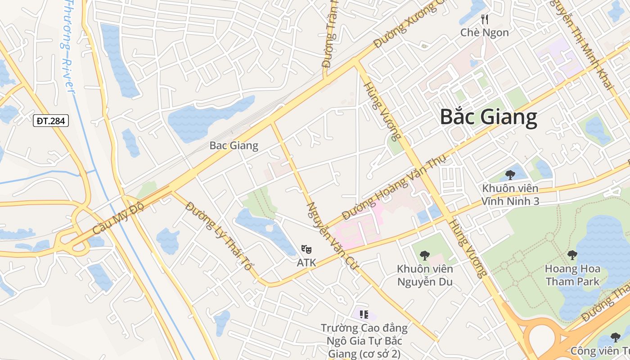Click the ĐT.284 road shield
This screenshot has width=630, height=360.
point(50,121)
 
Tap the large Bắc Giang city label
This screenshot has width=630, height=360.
point(488,117)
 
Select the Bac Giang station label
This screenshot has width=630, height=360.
point(234,145)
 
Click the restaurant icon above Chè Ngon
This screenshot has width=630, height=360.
point(485,19)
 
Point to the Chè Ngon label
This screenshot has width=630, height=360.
point(485,32)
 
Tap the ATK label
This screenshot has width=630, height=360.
point(306,262)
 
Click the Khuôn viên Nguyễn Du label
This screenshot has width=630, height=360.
point(424,275)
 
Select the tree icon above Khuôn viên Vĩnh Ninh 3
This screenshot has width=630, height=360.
point(510,175)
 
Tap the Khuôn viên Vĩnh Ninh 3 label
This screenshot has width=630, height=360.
point(510,194)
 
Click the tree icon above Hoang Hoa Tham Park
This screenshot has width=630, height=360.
point(572,255)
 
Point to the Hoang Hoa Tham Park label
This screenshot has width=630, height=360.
point(572,275)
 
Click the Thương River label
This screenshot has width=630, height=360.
point(67,47)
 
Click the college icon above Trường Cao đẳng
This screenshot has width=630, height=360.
point(364,315)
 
